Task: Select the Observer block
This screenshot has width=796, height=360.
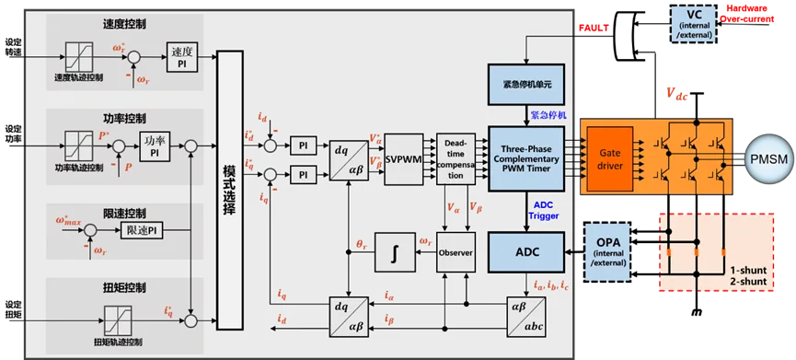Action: click(x=455, y=251)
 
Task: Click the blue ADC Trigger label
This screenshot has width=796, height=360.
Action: click(x=543, y=210)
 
